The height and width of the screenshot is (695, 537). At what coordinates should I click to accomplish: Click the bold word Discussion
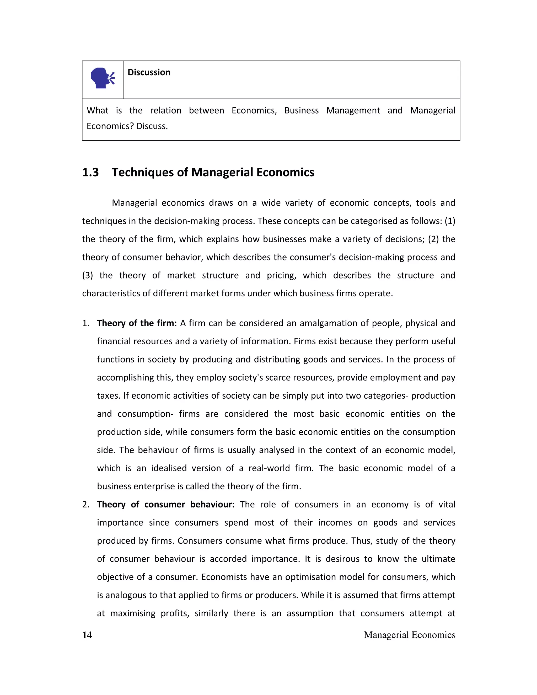pos(149,73)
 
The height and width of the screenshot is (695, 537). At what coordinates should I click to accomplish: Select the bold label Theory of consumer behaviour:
pos(165,504)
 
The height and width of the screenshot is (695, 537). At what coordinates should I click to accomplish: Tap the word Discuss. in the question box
pos(152,126)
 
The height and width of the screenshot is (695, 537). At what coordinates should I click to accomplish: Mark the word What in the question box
pos(97,110)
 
